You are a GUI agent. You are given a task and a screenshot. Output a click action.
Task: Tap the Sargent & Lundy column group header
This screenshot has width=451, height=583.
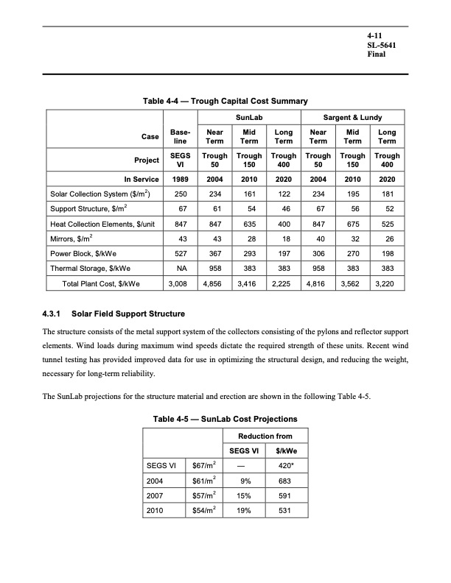[353, 118]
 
